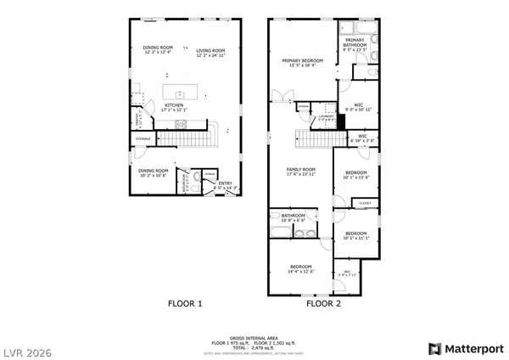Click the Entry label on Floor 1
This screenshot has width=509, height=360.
(225, 183)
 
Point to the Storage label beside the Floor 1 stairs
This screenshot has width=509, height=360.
(143, 138)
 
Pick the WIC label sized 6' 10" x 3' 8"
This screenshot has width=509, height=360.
(361, 136)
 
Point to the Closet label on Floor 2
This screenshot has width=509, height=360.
(365, 204)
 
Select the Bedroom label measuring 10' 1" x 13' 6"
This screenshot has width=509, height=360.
(355, 173)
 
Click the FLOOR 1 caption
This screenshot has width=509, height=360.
(184, 303)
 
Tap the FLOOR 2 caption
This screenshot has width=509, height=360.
(323, 303)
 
